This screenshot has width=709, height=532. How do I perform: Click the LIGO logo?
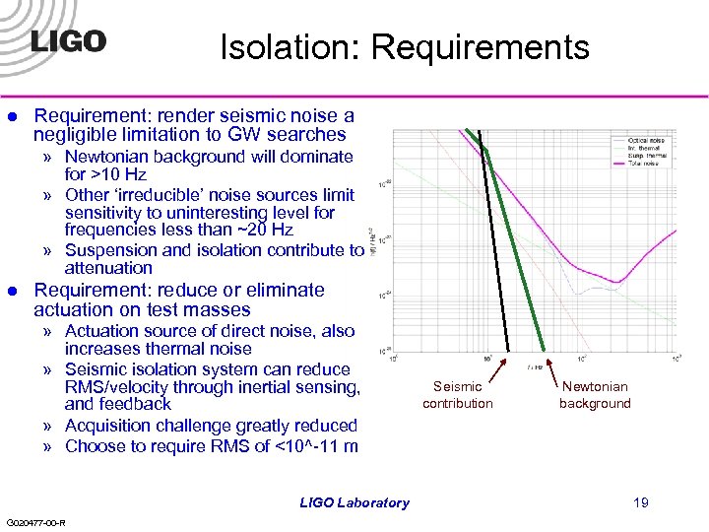[x=68, y=41]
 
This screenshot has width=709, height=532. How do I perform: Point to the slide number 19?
[x=641, y=502]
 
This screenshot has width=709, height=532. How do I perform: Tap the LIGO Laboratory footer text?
[x=354, y=502]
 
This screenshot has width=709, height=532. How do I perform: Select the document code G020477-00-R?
[x=35, y=522]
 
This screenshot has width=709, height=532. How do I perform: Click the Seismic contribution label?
[x=458, y=395]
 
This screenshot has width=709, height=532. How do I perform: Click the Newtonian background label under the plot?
[x=595, y=395]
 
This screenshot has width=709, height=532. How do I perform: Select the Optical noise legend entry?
[x=645, y=141]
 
